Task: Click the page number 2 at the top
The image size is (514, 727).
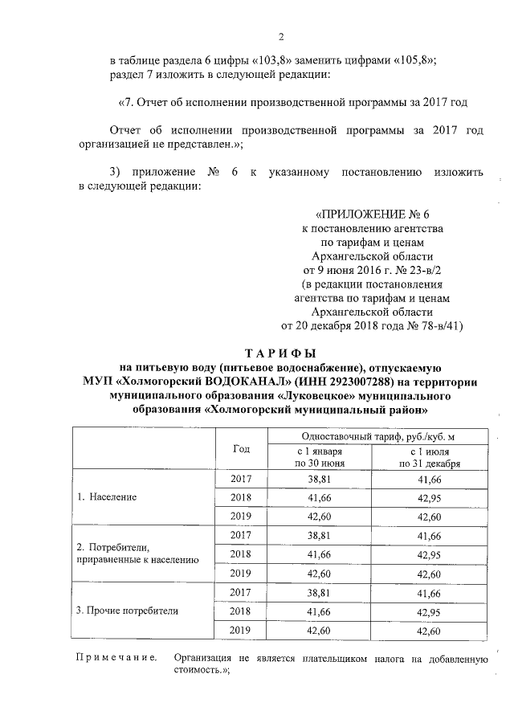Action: [x=281, y=36]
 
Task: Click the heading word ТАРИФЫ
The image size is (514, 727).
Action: [x=280, y=353]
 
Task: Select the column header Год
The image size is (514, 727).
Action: [x=241, y=449]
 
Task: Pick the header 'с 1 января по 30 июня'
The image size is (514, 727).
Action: [x=320, y=457]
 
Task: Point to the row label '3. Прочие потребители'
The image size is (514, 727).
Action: [x=127, y=611]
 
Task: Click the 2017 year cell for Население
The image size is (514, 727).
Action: [x=241, y=478]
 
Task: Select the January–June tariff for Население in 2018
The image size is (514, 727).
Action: [x=320, y=497]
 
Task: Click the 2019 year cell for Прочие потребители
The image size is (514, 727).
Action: [x=241, y=631]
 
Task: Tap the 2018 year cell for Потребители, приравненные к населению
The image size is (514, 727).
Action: [x=241, y=554]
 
